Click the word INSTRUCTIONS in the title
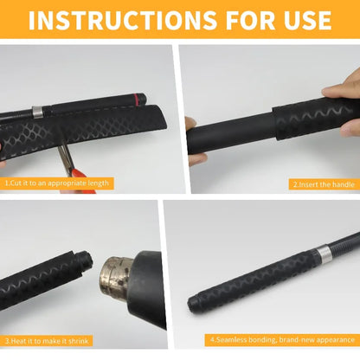pos(122,20)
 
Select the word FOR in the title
pos(250,20)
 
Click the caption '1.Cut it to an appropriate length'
pos(57,183)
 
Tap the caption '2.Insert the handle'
pos(324,184)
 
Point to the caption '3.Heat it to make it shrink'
pos(47,341)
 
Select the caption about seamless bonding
pos(282,340)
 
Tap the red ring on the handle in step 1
pos(135,100)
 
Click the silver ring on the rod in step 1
pos(37,112)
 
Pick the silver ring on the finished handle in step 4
pos(324,254)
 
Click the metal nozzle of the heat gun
pos(115,278)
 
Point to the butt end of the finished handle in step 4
pos(192,303)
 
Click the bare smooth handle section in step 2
pos(231,132)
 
